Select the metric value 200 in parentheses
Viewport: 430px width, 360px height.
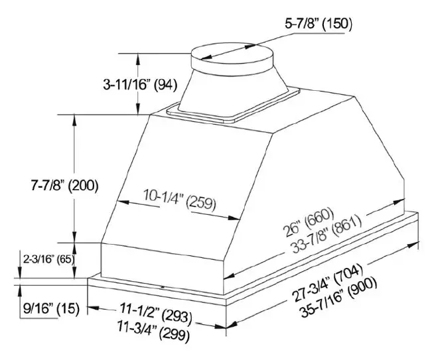pyautogui.click(x=84, y=186)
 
